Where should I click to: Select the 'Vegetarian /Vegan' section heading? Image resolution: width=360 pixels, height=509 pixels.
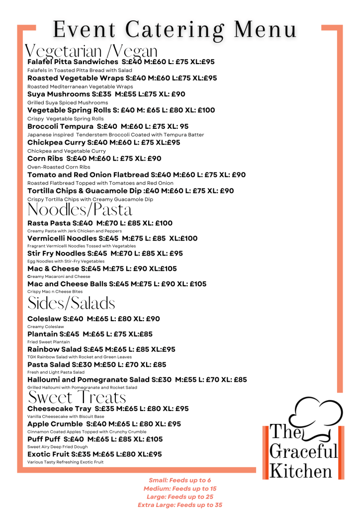(92, 51)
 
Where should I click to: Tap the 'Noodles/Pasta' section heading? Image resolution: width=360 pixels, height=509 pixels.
(80, 210)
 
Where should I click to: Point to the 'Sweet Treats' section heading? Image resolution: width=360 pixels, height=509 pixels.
(77, 398)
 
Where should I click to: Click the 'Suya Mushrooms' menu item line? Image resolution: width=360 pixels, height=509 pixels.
(106, 94)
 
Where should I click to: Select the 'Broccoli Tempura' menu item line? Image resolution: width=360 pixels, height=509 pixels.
(116, 126)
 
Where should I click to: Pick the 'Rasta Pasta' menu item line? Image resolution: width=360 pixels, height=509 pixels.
(99, 223)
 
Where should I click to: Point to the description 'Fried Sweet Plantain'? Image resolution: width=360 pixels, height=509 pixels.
(48, 342)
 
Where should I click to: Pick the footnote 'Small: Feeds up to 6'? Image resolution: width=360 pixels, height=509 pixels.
(180, 480)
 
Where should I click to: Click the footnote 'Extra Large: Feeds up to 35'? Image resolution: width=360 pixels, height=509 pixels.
(180, 505)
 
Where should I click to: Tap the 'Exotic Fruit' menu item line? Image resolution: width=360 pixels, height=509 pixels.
(94, 454)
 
